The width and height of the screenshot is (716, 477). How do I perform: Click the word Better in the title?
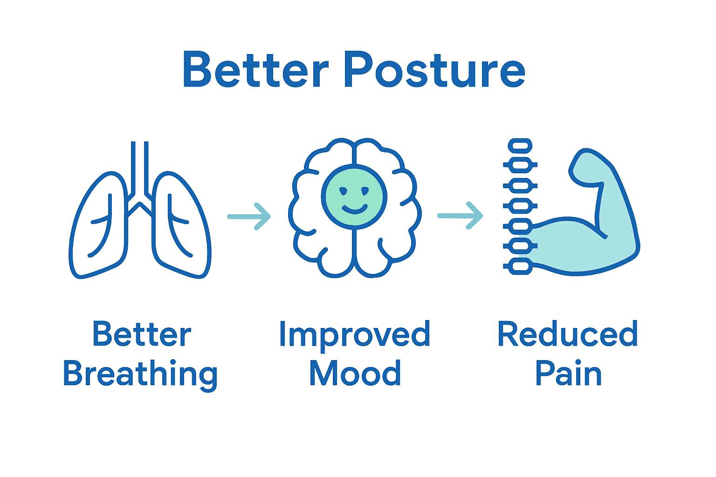[x=255, y=70]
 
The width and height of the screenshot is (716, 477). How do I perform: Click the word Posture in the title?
[x=434, y=70]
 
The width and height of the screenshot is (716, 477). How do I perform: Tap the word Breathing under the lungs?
[x=140, y=374]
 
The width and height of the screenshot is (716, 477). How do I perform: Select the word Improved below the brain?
[x=354, y=334]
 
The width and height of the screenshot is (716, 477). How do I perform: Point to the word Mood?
[x=355, y=373]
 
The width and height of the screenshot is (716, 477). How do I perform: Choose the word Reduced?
[x=567, y=334]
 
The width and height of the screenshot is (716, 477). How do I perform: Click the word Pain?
[x=568, y=373]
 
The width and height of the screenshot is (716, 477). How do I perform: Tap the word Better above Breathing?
[x=142, y=334]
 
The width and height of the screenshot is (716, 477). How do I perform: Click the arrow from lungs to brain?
[x=249, y=216]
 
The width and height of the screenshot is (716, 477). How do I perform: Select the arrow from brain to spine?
[x=460, y=216]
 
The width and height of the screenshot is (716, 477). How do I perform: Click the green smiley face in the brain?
[x=354, y=197]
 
